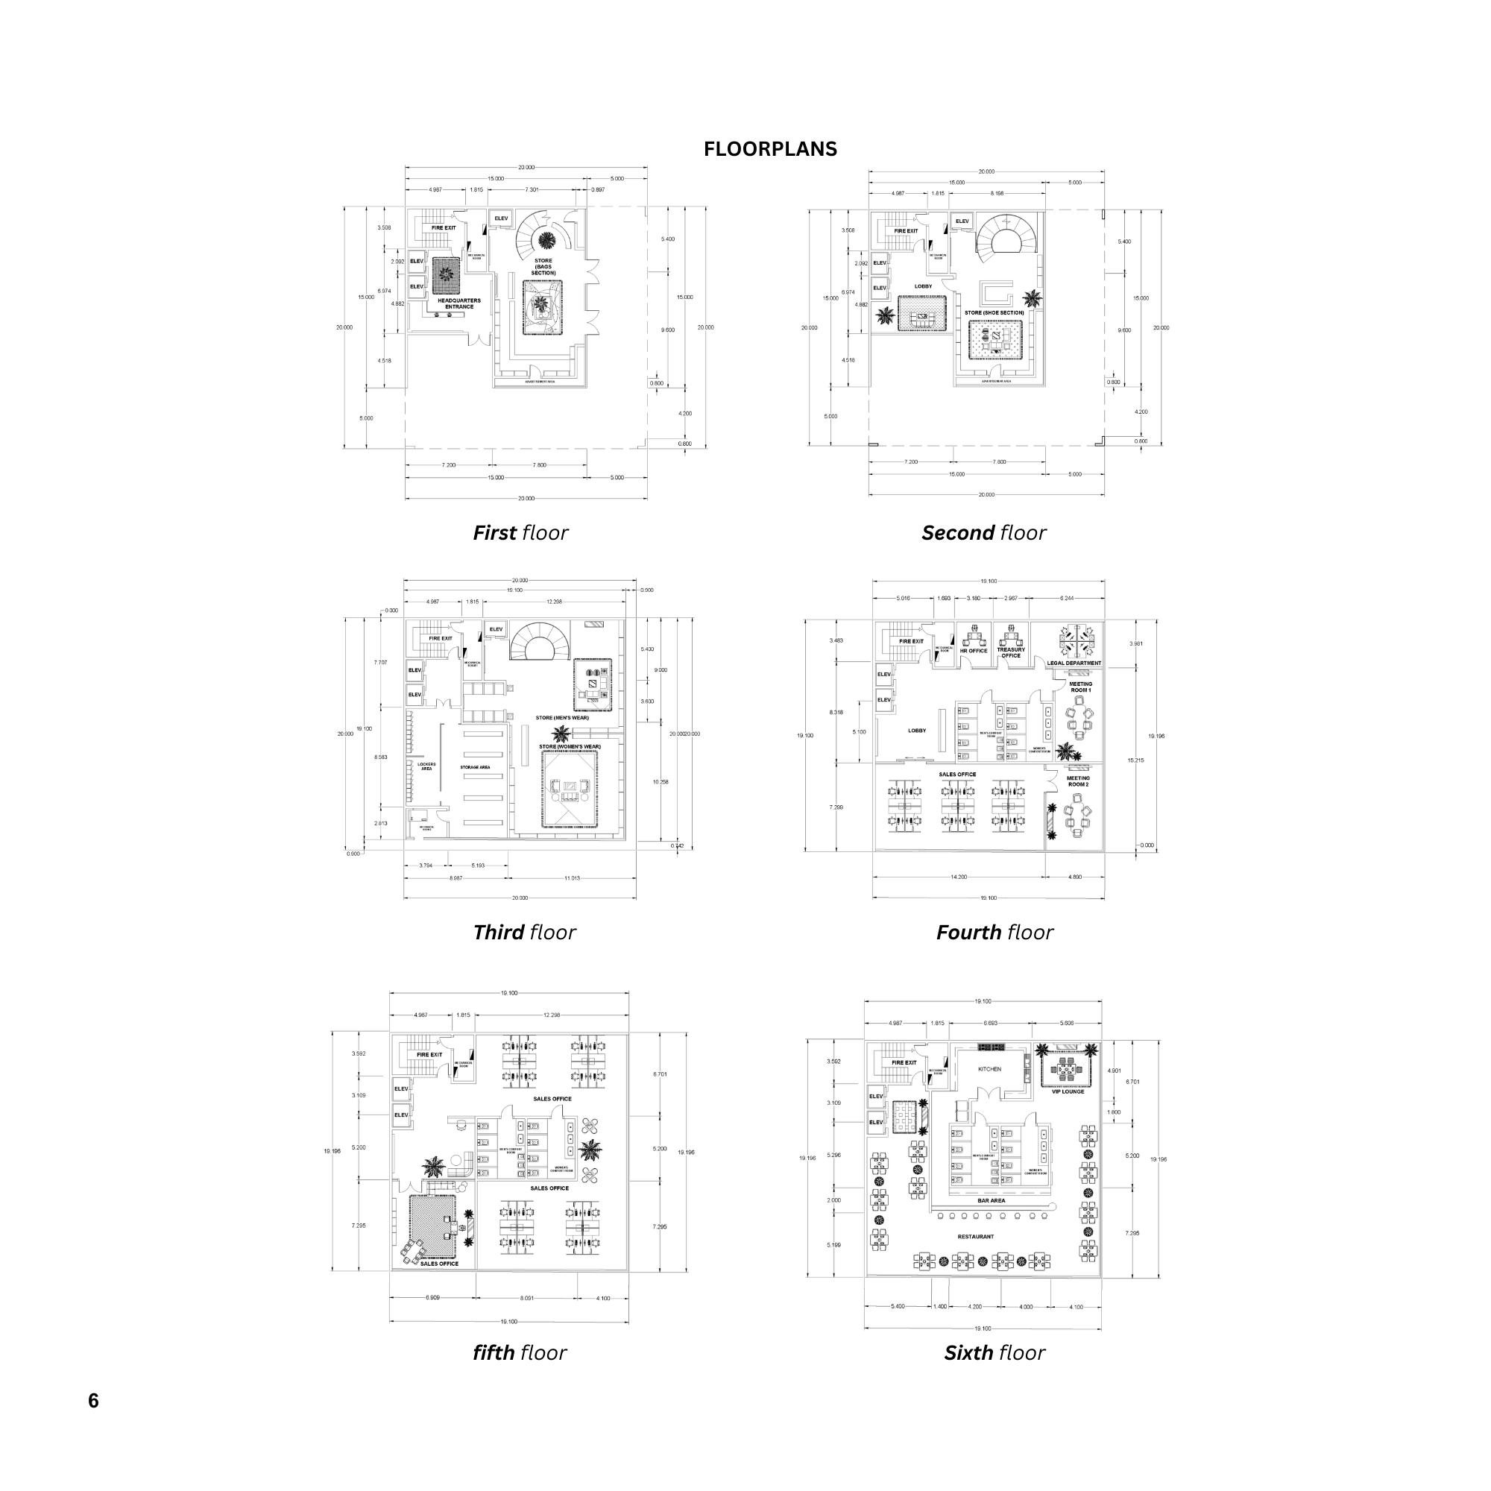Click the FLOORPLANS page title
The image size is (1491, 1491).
pyautogui.click(x=769, y=149)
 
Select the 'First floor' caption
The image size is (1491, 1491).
pyautogui.click(x=520, y=532)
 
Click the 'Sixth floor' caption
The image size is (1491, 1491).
pyautogui.click(x=994, y=1352)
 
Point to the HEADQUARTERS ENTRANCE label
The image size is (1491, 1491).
pyautogui.click(x=458, y=303)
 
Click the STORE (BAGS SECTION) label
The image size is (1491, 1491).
pyautogui.click(x=543, y=267)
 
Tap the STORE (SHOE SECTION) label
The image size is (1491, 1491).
pyautogui.click(x=994, y=312)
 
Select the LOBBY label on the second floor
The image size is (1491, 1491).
pyautogui.click(x=923, y=286)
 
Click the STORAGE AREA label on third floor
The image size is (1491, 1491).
pyautogui.click(x=475, y=767)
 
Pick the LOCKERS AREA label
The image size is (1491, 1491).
pyautogui.click(x=426, y=766)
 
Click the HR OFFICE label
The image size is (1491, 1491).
pyautogui.click(x=973, y=651)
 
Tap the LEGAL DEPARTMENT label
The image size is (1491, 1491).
pyautogui.click(x=1074, y=663)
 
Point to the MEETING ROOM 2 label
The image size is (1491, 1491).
pyautogui.click(x=1078, y=781)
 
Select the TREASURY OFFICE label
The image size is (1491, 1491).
pyautogui.click(x=1011, y=652)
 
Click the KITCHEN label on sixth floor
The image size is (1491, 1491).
pyautogui.click(x=989, y=1069)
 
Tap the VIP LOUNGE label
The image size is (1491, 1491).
pyautogui.click(x=1068, y=1091)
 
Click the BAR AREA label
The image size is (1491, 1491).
pyautogui.click(x=991, y=1200)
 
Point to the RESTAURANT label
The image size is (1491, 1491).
pyautogui.click(x=975, y=1257)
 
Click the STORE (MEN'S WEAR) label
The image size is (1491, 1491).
pyautogui.click(x=562, y=717)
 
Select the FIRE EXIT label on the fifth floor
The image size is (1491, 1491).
pyautogui.click(x=430, y=1054)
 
